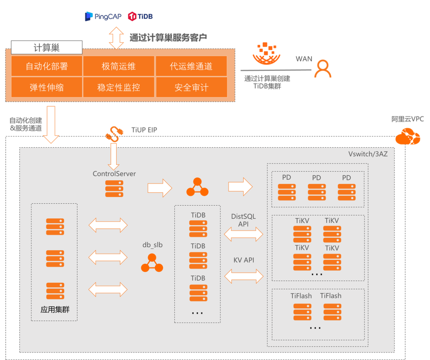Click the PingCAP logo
point(100,16)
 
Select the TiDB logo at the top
point(140,16)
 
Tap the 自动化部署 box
point(47,66)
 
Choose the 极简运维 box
point(119,66)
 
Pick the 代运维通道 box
point(191,66)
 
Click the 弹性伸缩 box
point(47,87)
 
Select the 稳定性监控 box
point(119,87)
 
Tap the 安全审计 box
point(191,87)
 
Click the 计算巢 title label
point(47,48)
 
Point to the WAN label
point(304,59)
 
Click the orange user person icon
point(322,69)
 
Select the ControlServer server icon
point(114,189)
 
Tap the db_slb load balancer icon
point(152,263)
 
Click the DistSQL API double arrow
point(244,234)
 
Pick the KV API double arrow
point(244,276)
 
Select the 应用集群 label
point(55,309)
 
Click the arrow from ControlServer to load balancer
point(160,187)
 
